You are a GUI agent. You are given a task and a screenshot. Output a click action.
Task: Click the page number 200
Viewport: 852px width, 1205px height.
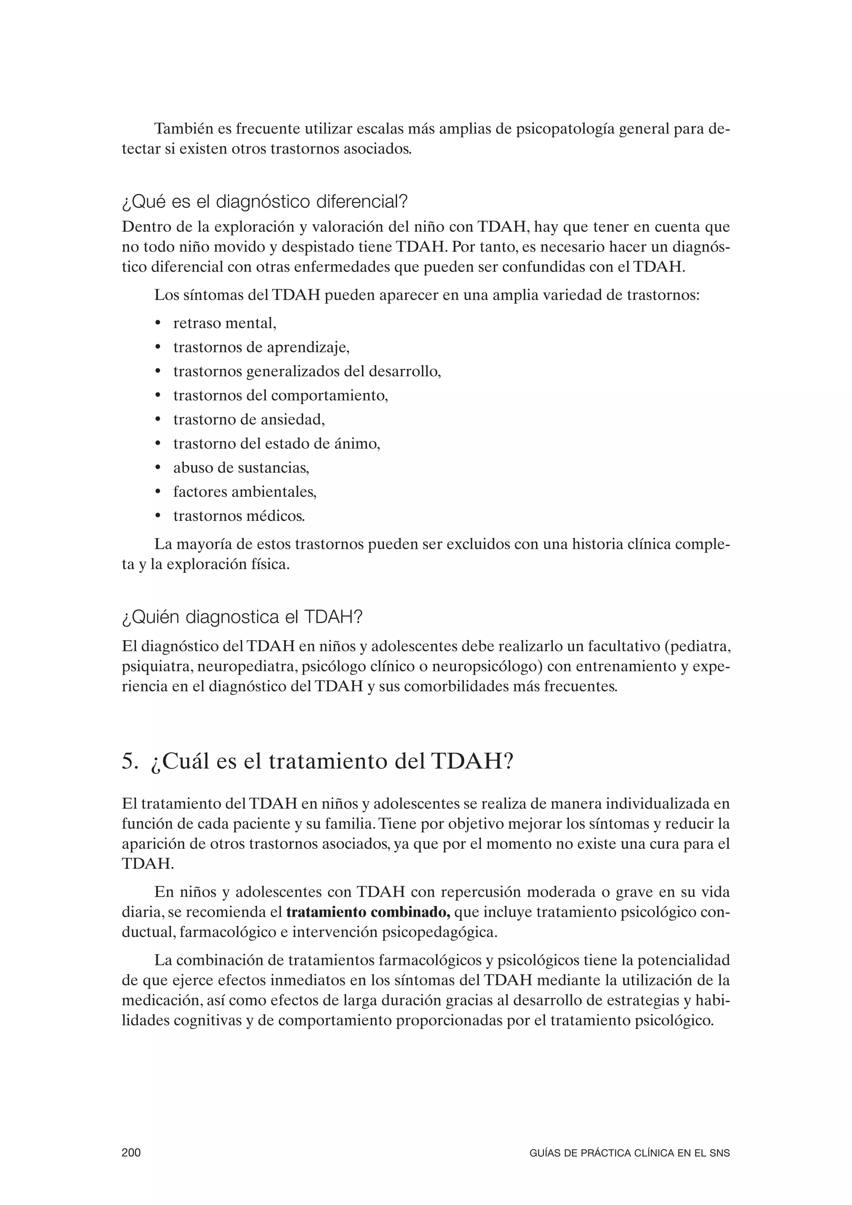point(131,1153)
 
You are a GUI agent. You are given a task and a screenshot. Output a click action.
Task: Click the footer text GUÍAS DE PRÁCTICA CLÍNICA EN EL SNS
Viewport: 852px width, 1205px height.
point(629,1153)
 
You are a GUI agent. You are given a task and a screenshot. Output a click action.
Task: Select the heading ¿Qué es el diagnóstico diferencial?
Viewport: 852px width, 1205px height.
point(265,201)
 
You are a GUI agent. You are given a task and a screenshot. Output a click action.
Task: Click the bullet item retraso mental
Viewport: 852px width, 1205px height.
point(225,323)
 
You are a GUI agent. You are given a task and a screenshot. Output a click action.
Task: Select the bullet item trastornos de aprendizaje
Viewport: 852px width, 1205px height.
point(261,347)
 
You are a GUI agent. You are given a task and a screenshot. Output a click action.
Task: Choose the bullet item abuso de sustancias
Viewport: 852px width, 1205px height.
point(241,468)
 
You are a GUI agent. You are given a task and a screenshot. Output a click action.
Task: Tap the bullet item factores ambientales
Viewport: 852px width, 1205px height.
point(245,492)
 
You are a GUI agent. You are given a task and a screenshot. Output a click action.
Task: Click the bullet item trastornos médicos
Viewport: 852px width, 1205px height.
point(239,516)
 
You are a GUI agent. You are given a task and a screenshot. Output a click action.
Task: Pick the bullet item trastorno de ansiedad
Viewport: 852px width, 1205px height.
point(249,419)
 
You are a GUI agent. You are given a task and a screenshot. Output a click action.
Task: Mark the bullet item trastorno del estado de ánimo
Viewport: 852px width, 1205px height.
point(277,444)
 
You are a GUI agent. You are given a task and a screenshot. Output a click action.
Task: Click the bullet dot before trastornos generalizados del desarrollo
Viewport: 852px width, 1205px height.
point(158,372)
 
